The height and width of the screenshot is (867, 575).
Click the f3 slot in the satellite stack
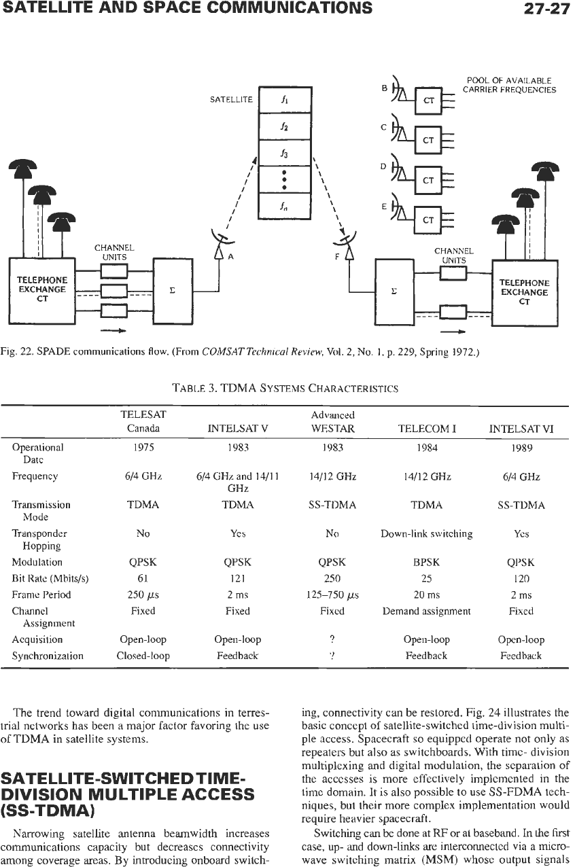[285, 153]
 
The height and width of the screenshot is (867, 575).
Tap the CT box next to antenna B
[428, 101]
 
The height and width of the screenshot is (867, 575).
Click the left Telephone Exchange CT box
[42, 290]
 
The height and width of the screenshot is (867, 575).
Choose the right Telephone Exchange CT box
[524, 293]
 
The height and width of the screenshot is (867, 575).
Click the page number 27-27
[546, 8]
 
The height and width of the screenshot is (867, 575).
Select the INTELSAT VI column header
[521, 429]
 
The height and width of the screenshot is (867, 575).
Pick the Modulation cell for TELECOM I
[426, 562]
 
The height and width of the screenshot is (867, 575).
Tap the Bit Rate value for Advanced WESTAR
[332, 578]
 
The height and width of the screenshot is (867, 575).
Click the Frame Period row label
[41, 595]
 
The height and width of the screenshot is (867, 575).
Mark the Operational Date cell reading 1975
[143, 448]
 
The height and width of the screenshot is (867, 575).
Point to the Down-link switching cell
[427, 534]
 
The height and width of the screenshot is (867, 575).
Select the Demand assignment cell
[426, 611]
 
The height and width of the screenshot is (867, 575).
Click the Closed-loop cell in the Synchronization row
[143, 656]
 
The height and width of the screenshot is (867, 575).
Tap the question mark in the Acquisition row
[332, 639]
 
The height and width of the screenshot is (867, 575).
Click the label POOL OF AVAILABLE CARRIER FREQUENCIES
[509, 85]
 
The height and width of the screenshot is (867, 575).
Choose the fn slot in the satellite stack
[285, 207]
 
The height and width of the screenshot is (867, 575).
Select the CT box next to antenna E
[428, 220]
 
